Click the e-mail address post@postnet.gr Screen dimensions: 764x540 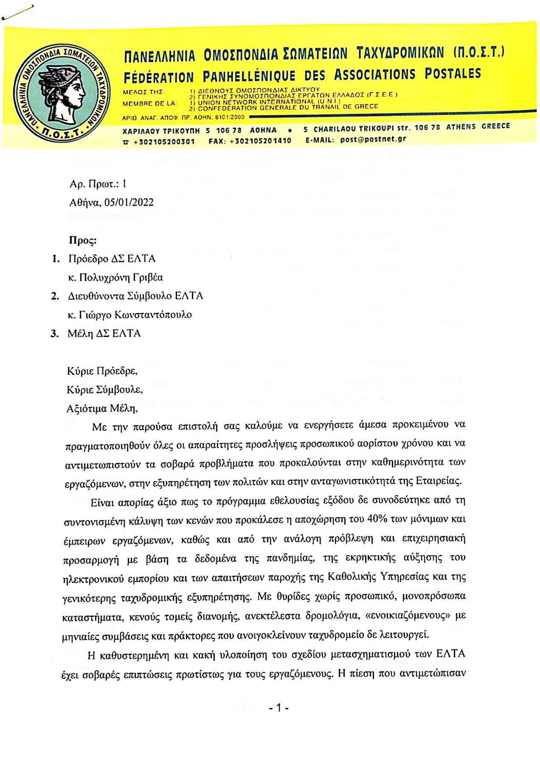pos(373,139)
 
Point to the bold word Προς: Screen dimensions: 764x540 pos(83,240)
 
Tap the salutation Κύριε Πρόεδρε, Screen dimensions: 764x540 pos(102,371)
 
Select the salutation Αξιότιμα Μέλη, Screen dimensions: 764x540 pos(102,409)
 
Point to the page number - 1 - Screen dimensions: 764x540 pos(278,708)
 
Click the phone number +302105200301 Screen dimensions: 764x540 pos(164,141)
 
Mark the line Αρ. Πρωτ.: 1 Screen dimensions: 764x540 pos(98,184)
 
